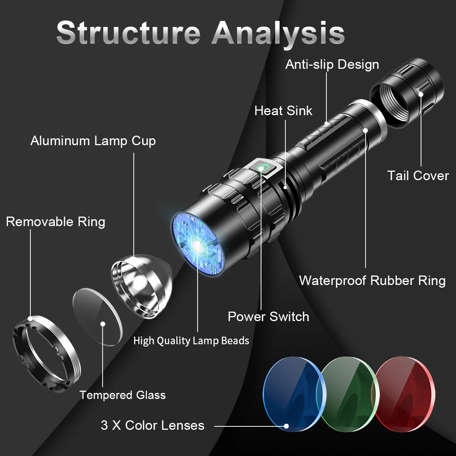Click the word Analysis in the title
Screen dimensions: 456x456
click(278, 33)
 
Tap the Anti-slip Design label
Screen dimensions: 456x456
click(332, 65)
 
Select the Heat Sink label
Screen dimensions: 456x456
click(283, 111)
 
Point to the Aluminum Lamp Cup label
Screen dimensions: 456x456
click(93, 141)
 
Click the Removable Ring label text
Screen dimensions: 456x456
click(55, 222)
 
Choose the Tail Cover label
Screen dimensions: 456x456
click(418, 176)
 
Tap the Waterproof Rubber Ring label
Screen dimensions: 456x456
click(372, 280)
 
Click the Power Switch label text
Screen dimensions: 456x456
click(268, 317)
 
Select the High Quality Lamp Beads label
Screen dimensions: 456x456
click(191, 340)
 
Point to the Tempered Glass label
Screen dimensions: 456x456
click(122, 395)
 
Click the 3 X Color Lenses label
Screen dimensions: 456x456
click(152, 425)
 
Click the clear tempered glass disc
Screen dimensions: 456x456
click(98, 317)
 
